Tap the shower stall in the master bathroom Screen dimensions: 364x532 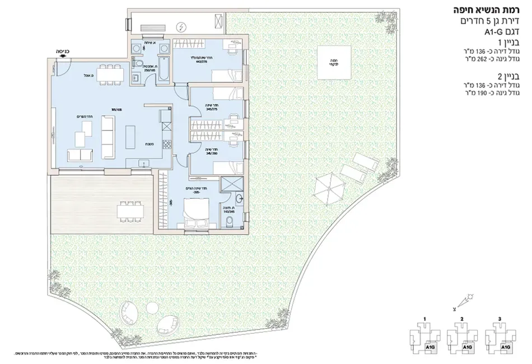point(229,185)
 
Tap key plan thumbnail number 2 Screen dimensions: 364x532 point(463,337)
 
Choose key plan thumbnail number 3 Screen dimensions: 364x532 point(500,337)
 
